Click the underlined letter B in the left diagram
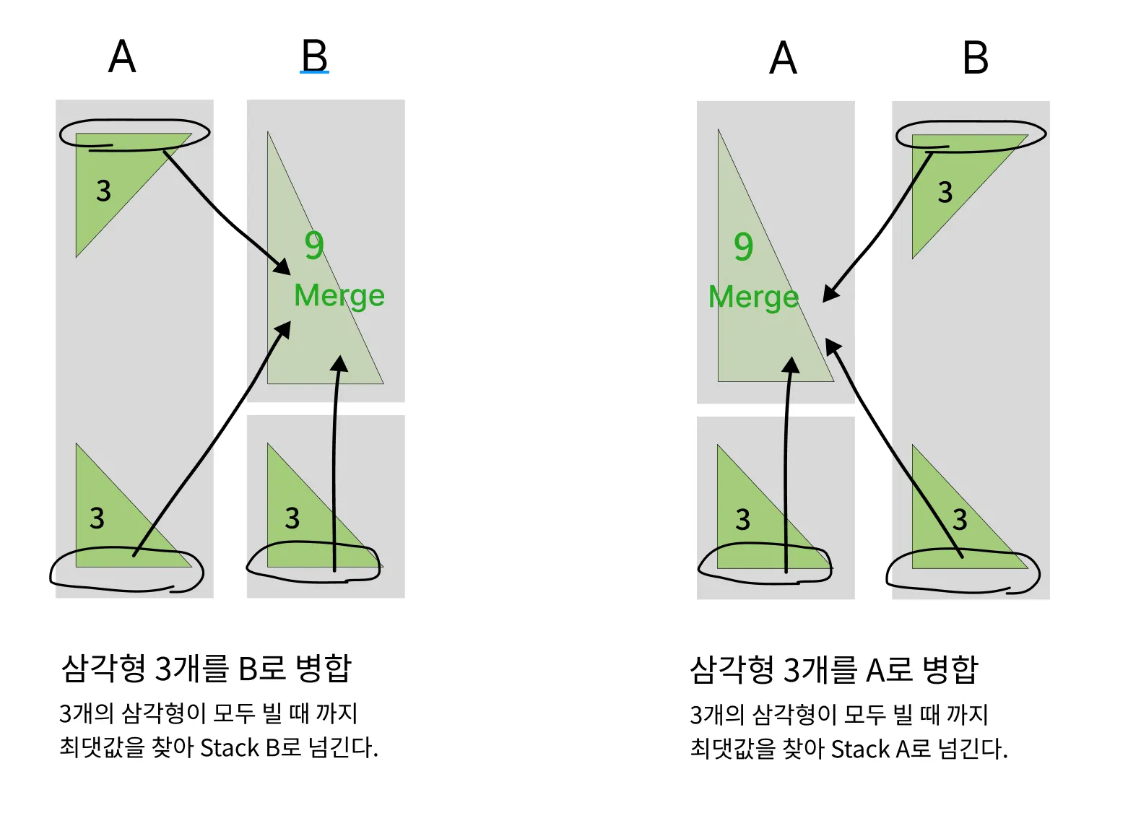coord(314,56)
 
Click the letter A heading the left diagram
coord(122,56)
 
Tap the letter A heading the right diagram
coord(783,58)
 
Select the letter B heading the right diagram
coord(976,58)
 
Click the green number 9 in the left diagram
coord(314,245)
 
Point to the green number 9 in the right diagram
coord(743,247)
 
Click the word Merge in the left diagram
coord(339,296)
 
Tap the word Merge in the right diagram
coord(753,297)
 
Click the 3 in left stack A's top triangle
coord(104,191)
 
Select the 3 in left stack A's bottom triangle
coord(97,518)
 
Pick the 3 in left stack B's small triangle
coord(292,518)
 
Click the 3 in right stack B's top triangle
coord(945,192)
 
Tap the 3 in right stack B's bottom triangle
coord(960,519)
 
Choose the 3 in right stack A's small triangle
coord(743,519)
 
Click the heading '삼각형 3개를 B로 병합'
coord(207,668)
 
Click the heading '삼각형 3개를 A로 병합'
coord(834,669)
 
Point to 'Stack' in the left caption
coord(230,747)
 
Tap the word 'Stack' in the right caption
coord(860,749)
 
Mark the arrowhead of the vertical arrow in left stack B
coord(339,362)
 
